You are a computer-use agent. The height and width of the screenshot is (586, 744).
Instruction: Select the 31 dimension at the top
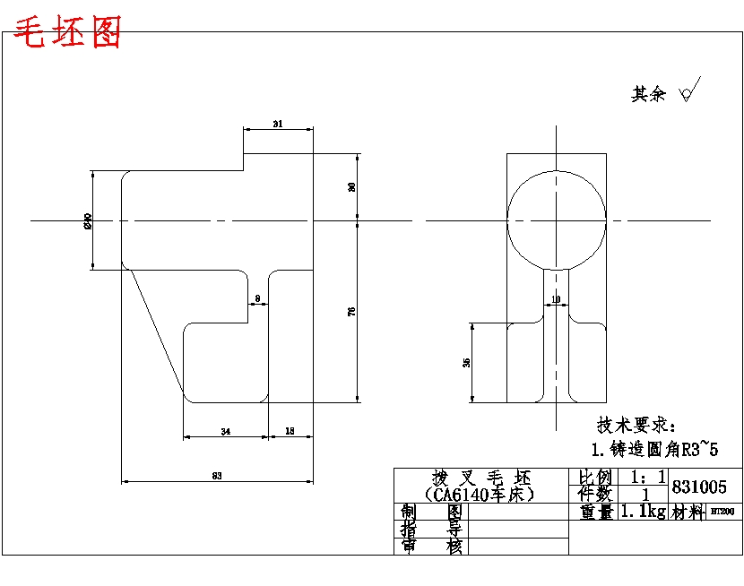(x=278, y=125)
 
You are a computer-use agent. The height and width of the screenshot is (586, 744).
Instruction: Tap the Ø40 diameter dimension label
(x=88, y=220)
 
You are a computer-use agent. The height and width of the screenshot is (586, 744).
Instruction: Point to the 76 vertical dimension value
(x=351, y=311)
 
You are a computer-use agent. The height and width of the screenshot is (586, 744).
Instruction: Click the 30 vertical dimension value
(x=351, y=186)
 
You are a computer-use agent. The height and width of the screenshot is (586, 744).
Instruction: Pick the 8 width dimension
(x=257, y=298)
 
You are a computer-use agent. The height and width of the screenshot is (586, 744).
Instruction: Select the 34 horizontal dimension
(x=225, y=432)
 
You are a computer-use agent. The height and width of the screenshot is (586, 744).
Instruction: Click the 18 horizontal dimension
(x=290, y=432)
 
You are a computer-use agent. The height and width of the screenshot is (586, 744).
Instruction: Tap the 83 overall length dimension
(x=216, y=476)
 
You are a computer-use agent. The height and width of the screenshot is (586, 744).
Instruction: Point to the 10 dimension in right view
(x=556, y=298)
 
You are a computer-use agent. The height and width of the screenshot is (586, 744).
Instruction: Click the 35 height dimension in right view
(x=466, y=362)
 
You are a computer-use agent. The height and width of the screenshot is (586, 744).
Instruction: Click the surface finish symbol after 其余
(x=689, y=90)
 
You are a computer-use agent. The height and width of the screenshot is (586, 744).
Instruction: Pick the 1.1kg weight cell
(x=642, y=513)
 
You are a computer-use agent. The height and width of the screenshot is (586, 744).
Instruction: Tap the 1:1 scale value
(x=647, y=477)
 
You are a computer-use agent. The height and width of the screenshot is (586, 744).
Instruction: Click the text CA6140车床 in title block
(x=480, y=494)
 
